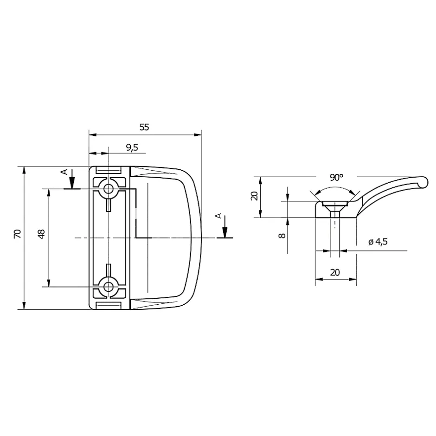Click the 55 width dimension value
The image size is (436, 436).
coord(144,127)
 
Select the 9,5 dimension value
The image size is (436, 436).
coord(132,147)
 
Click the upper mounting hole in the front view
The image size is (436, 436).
coord(109,189)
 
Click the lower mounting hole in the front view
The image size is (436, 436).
coord(109,286)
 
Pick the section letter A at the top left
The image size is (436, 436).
coord(65,172)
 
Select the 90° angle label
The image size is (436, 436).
coord(336,178)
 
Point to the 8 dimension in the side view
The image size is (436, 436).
coord(281,235)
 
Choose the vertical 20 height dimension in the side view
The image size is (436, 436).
coord(253,196)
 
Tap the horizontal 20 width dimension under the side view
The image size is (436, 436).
coord(335,273)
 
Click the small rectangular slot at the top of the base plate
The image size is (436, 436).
coord(109,170)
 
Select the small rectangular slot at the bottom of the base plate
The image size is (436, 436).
coord(109,305)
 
